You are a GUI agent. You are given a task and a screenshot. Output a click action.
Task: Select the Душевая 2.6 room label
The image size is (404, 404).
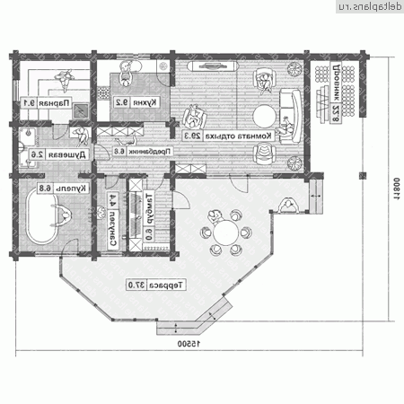pyautogui.click(x=36, y=155)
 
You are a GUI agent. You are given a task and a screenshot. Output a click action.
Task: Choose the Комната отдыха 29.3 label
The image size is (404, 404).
pyautogui.click(x=228, y=136)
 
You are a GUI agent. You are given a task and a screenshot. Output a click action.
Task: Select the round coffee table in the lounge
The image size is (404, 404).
pyautogui.click(x=265, y=118)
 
